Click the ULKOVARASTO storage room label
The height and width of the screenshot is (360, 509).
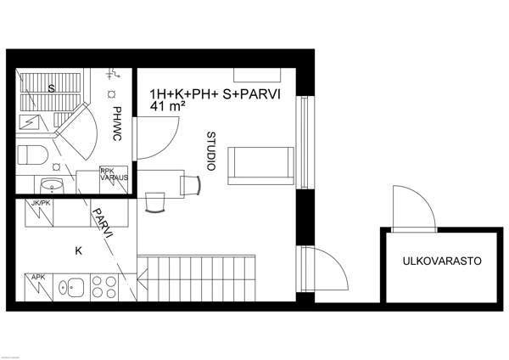pos(442,262)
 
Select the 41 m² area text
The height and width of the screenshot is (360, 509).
pos(166,107)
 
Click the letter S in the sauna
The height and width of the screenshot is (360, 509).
pos(52,87)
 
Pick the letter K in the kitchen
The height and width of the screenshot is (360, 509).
pos(79,251)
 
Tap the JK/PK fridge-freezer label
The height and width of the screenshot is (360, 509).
pos(41,204)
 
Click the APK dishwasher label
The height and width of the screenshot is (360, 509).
pos(38,277)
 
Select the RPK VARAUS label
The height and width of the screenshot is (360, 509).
pos(114,175)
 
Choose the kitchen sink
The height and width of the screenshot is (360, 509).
pos(71,287)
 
